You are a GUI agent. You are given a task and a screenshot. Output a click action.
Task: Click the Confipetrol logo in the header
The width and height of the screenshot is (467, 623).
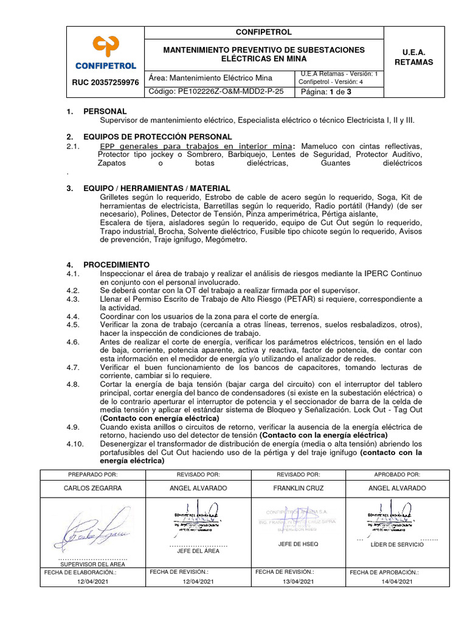click(x=106, y=52)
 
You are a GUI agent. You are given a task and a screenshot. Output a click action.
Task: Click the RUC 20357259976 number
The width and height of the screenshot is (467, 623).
click(x=106, y=82)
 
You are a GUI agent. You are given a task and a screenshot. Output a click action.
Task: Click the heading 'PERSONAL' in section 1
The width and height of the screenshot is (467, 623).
click(x=105, y=111)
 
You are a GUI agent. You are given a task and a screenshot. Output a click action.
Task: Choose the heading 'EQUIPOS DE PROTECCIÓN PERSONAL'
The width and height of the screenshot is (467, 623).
click(x=157, y=136)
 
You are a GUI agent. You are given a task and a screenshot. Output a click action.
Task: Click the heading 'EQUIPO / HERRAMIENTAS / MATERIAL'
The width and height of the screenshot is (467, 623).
click(x=156, y=189)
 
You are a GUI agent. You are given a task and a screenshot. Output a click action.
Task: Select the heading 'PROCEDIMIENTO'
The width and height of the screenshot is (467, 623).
click(x=116, y=265)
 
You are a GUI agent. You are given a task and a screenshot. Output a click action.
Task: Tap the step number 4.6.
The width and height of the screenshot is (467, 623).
click(x=73, y=342)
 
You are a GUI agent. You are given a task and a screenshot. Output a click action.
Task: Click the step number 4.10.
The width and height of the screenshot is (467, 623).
click(x=75, y=444)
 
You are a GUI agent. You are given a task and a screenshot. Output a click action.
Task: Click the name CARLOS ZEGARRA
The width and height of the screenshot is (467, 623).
click(x=93, y=488)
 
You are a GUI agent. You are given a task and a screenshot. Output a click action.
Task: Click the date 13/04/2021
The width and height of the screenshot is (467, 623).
click(x=299, y=582)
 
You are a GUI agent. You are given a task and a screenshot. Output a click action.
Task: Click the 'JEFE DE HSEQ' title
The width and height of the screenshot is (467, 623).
click(x=298, y=544)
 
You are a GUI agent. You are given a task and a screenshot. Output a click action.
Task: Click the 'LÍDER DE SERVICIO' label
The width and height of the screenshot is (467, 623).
click(x=397, y=545)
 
